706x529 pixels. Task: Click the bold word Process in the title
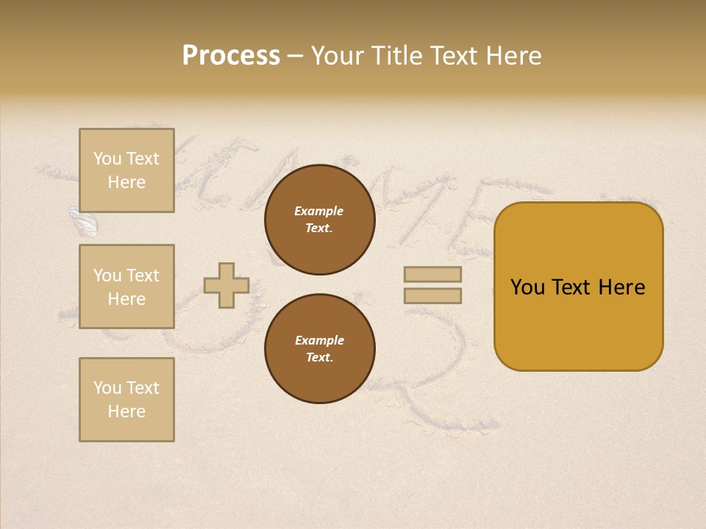(x=231, y=56)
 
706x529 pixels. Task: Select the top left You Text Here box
(x=126, y=170)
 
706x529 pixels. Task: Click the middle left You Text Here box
(x=126, y=287)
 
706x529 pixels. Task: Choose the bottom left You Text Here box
(x=126, y=400)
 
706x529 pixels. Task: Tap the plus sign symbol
(x=227, y=286)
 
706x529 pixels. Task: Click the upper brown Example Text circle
(x=319, y=220)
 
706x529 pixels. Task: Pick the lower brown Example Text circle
(x=319, y=349)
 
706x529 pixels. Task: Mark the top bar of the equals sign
(x=432, y=275)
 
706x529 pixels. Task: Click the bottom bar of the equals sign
(x=432, y=296)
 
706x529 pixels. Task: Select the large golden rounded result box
(x=578, y=287)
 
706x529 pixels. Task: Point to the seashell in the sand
(x=83, y=222)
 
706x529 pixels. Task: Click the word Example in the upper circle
(x=319, y=211)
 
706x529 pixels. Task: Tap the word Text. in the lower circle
(x=319, y=358)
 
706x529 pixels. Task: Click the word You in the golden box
(x=527, y=287)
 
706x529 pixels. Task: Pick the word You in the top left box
(x=107, y=159)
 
